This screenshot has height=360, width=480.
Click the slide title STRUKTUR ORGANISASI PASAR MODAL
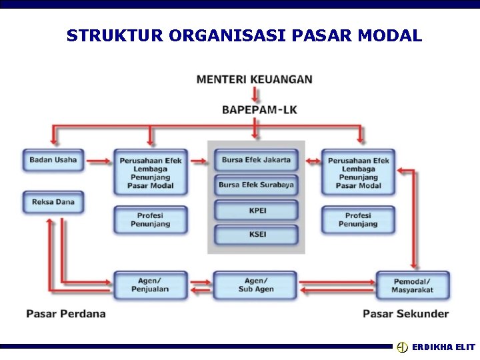tap(244, 35)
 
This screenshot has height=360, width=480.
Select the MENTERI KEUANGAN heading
tap(254, 79)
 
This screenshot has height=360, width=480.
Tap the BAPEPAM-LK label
tap(259, 109)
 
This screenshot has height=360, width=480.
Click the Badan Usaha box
tap(53, 160)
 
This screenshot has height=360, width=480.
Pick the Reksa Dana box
tap(53, 202)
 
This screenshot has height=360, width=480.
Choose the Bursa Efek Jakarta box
tap(256, 160)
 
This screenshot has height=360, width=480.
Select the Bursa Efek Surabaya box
tap(256, 185)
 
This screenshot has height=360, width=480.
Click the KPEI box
tap(257, 210)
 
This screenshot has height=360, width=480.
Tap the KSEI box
tap(257, 235)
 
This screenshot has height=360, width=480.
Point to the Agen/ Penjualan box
tap(150, 285)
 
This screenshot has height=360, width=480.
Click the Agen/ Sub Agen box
tap(255, 285)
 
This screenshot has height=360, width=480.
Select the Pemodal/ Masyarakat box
tap(413, 285)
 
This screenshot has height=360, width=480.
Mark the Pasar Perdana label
tap(66, 313)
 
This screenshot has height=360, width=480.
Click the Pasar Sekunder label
tap(405, 313)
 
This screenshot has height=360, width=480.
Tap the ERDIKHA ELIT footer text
tap(443, 347)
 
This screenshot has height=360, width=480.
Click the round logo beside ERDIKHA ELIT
tap(402, 347)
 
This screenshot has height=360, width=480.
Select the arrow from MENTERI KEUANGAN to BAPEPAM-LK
tap(256, 94)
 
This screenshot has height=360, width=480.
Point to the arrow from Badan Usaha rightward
tap(99, 161)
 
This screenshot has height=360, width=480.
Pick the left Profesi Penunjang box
tap(150, 220)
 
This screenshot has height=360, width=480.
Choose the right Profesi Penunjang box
tap(358, 220)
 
